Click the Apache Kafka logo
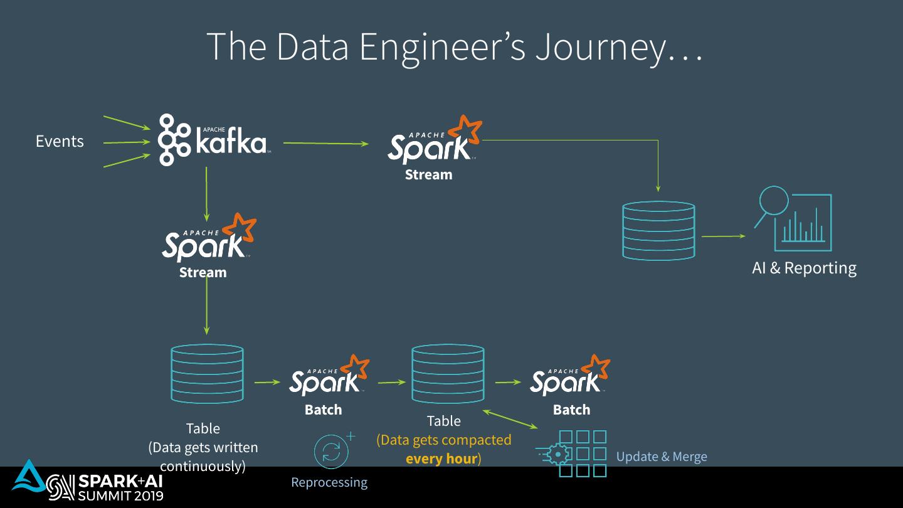tap(214, 140)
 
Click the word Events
tap(60, 141)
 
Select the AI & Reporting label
tap(804, 268)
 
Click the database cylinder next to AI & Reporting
tap(658, 231)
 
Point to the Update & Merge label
tap(662, 457)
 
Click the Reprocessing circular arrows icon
tap(332, 451)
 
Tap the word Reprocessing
tap(329, 482)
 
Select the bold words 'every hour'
tap(441, 458)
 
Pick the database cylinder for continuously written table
tap(207, 374)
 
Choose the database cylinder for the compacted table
tap(448, 374)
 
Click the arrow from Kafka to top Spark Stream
tap(325, 144)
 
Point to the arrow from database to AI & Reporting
tap(723, 236)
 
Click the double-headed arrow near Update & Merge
tap(510, 420)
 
